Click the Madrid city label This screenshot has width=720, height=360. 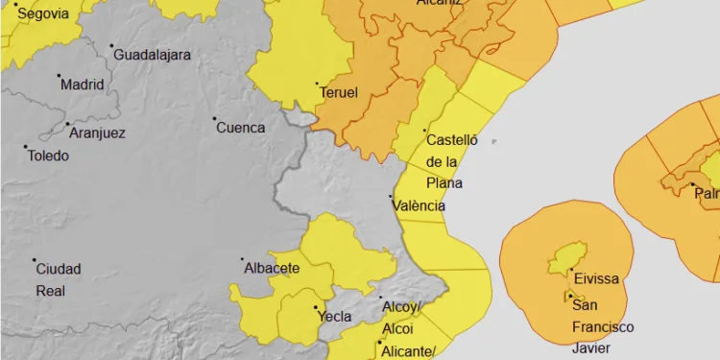[82, 84]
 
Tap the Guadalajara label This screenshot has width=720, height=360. [152, 55]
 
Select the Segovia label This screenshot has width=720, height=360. [44, 13]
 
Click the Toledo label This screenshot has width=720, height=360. [48, 156]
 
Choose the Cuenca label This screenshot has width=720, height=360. [240, 128]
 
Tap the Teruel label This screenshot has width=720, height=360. [339, 93]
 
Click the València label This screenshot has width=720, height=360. [420, 205]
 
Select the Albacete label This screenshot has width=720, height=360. [273, 268]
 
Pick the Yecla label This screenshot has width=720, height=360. [333, 316]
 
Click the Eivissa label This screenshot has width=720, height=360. [595, 279]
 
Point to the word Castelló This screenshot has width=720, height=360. [451, 139]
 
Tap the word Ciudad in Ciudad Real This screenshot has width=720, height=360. [59, 269]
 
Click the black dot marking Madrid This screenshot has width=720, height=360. [59, 76]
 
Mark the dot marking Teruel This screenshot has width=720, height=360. [318, 84]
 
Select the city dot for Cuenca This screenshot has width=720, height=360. [214, 120]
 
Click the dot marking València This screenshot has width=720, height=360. [391, 197]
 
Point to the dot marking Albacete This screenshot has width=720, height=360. [243, 259]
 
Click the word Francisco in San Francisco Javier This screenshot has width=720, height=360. [603, 326]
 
